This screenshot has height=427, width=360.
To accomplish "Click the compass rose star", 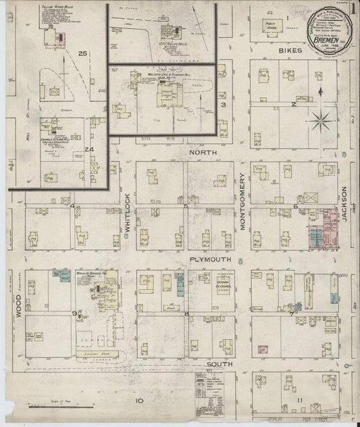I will click(322, 123).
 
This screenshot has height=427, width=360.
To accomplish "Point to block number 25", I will click(83, 54).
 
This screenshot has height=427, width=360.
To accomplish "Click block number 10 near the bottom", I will click(139, 401).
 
